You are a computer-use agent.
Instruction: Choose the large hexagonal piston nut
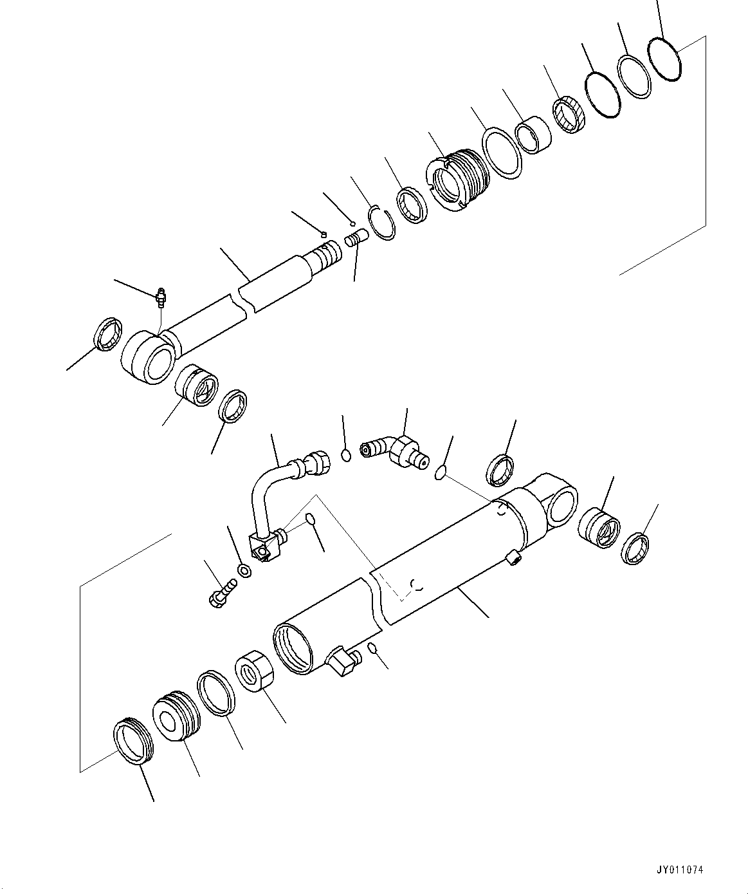point(255,673)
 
